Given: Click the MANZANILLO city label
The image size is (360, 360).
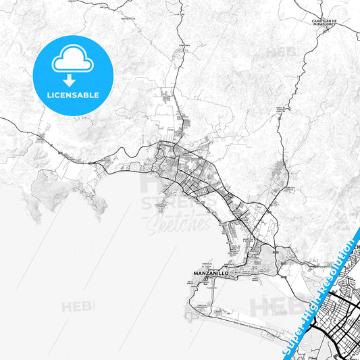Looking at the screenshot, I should coord(208,274).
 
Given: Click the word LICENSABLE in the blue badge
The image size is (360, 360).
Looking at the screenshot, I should coord(72,94).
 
